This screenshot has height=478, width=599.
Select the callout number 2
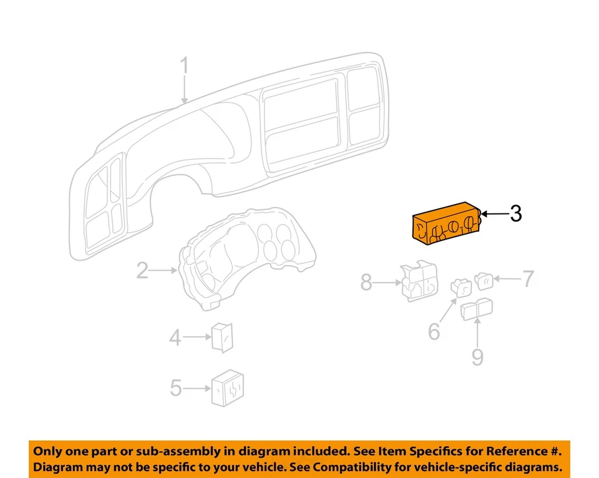point(142,271)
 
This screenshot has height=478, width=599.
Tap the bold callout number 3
point(515,214)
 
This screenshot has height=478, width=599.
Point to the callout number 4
point(175,338)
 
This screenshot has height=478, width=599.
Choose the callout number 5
point(177,389)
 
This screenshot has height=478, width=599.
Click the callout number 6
point(434,331)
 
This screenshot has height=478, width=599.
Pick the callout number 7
point(528,279)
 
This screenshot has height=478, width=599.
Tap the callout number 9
point(477,356)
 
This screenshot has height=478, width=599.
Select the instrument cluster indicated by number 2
point(246,256)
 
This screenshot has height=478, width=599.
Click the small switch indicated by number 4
point(223,338)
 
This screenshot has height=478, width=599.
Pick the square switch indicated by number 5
point(230,388)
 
